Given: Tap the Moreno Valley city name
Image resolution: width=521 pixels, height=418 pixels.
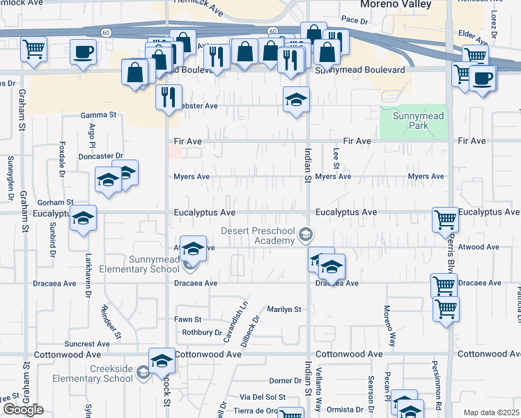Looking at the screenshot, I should click(x=395, y=5).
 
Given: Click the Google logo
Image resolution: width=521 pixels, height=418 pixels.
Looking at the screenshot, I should click(x=23, y=410).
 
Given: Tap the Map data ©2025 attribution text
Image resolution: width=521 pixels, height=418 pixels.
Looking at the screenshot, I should click(x=492, y=412).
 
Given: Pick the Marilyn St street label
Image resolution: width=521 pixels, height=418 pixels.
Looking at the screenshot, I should click(x=283, y=309).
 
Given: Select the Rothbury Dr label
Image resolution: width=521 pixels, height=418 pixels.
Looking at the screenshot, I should click(x=201, y=332).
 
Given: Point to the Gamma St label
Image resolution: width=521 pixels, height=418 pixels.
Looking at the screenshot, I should click(x=98, y=114).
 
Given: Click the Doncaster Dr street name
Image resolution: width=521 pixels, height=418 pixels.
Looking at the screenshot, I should click(x=100, y=156).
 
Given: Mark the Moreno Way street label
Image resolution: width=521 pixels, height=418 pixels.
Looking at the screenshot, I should click(x=392, y=325).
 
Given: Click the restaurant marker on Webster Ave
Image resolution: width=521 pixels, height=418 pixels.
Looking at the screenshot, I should click(x=169, y=98).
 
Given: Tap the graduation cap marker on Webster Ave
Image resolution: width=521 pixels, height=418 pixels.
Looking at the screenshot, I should click(x=296, y=100).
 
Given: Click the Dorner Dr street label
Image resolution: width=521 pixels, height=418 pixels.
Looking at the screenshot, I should click(x=284, y=381).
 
